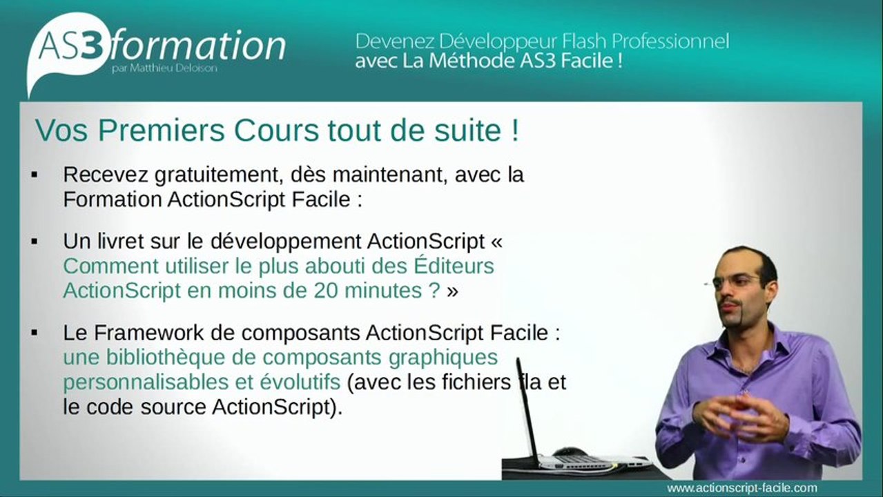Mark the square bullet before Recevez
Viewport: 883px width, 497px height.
pyautogui.click(x=34, y=175)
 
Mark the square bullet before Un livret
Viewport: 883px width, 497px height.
pyautogui.click(x=34, y=242)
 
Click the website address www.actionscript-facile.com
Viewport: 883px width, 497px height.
pyautogui.click(x=742, y=488)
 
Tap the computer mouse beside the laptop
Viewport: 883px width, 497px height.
pyautogui.click(x=571, y=451)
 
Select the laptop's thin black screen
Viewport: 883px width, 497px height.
pyautogui.click(x=527, y=407)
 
